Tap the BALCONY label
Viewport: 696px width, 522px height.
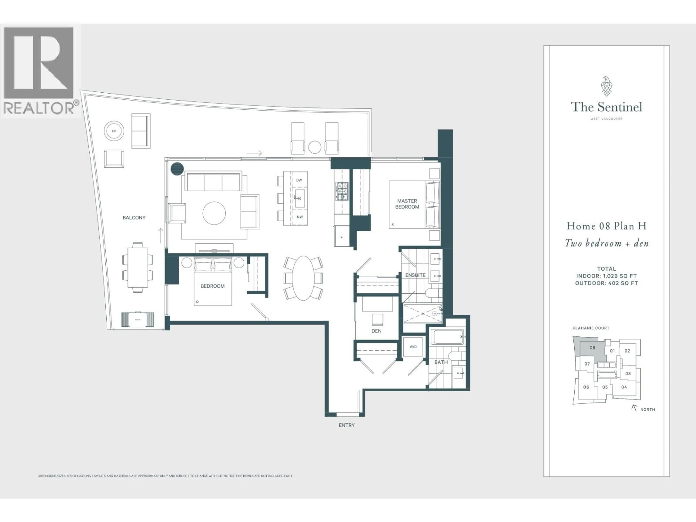click(134, 217)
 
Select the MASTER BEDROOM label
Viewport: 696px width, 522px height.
click(407, 204)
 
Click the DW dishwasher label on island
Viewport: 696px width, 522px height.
click(299, 180)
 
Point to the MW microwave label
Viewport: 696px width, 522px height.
click(300, 217)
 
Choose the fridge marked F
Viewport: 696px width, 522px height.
click(342, 237)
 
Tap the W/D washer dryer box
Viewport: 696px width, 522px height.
click(413, 347)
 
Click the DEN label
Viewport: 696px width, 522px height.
click(376, 331)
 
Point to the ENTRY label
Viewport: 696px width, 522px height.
click(346, 425)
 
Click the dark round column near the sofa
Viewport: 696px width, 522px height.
click(177, 169)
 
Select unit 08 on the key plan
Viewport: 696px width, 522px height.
click(592, 348)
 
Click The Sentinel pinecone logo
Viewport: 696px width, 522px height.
click(606, 86)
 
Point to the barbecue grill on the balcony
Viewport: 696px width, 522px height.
click(138, 320)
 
